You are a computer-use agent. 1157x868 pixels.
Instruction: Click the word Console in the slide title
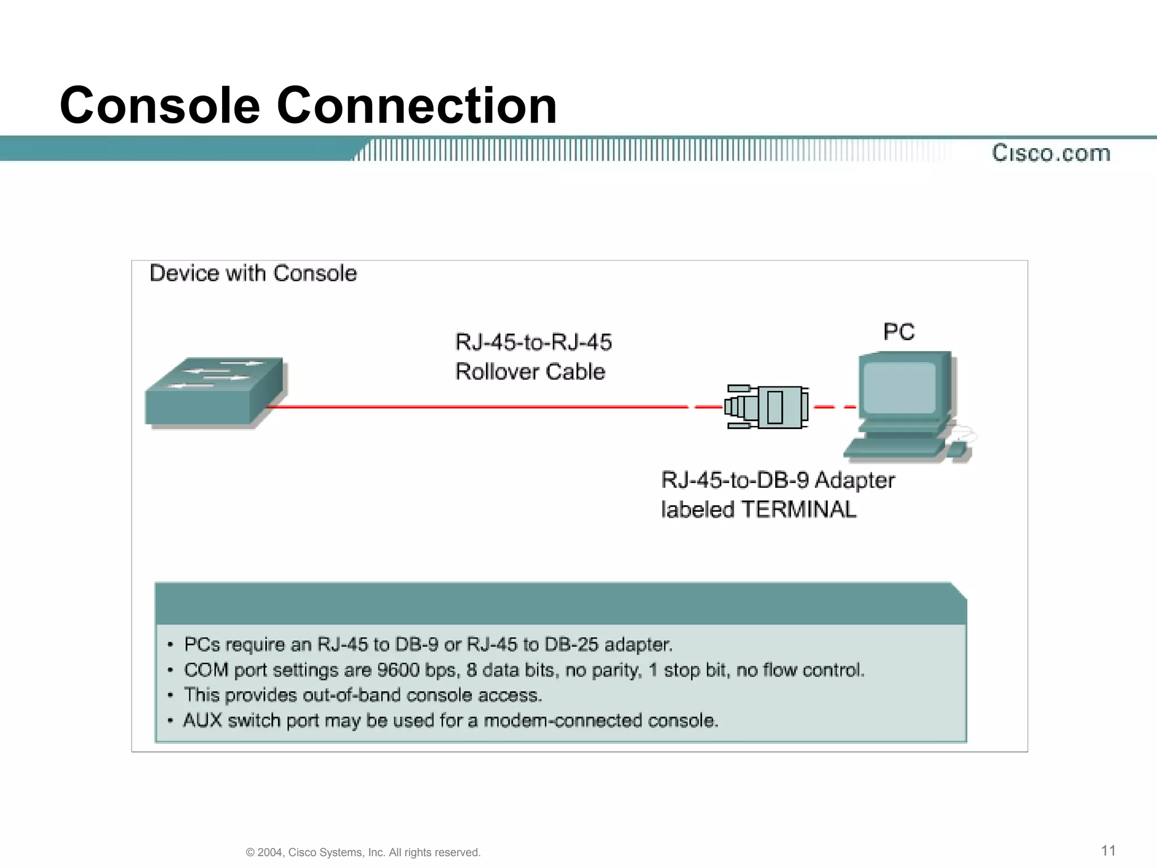click(x=160, y=106)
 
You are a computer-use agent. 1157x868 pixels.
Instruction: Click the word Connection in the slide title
click(x=416, y=106)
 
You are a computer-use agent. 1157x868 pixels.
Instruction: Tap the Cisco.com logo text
click(x=1051, y=153)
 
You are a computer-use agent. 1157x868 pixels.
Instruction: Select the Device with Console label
click(x=253, y=274)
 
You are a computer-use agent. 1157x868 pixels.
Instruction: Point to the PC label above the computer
click(x=898, y=332)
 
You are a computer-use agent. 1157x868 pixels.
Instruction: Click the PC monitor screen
click(x=899, y=387)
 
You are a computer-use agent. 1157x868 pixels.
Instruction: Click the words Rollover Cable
click(x=530, y=372)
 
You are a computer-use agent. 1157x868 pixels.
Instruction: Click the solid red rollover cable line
click(x=475, y=406)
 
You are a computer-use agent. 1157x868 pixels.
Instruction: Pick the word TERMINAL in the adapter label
click(x=798, y=510)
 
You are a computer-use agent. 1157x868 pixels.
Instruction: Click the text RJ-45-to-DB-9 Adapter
click(x=777, y=480)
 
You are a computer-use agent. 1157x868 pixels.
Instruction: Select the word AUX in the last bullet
click(x=202, y=721)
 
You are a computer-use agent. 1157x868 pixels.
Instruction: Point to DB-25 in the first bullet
click(x=571, y=645)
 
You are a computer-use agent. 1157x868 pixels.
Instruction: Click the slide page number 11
click(x=1108, y=850)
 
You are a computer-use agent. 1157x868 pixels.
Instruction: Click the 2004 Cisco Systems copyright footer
click(x=363, y=852)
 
